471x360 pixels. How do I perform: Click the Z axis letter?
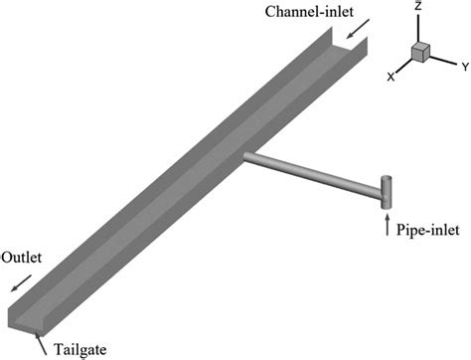coord(420,8)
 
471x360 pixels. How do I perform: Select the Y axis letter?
coord(462,68)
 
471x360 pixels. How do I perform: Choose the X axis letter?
coord(391,77)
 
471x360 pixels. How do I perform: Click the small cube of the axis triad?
coord(420,53)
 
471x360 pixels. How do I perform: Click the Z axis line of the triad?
coord(420,28)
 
